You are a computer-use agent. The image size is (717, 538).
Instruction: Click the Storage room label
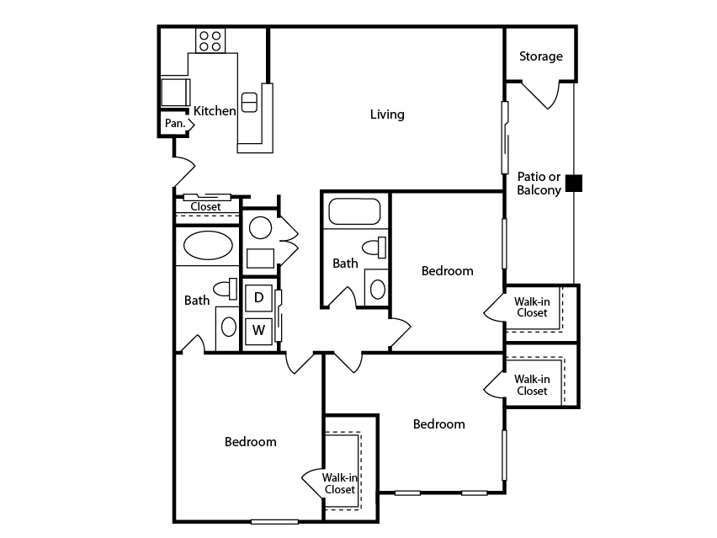coord(541,56)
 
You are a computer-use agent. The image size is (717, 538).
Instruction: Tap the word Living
coord(387,115)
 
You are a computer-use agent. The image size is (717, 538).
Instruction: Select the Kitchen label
coord(215,110)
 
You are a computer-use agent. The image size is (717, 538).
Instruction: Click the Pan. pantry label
coord(175,123)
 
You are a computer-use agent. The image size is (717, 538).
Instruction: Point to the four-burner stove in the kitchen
coord(210,40)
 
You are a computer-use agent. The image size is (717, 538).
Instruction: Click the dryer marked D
coord(259,298)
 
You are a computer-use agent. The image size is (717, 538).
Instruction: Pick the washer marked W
coord(259,330)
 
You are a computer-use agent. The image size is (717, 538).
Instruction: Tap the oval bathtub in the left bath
coord(208,246)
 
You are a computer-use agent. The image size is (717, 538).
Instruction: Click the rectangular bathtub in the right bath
coord(354,211)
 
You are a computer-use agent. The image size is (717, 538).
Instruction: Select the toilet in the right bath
coord(374,248)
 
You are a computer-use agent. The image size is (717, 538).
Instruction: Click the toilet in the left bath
coord(226,289)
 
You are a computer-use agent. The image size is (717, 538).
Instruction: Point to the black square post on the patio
coord(574,184)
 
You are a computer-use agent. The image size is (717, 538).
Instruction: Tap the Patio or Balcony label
coord(539,184)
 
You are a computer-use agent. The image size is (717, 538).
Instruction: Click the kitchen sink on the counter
coord(249,103)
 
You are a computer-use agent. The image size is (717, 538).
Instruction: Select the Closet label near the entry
coord(206,207)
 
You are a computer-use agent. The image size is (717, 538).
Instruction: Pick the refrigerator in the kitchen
coord(175,93)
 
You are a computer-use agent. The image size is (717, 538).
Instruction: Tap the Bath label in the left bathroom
coord(197,301)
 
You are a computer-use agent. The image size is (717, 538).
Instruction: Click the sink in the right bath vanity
coord(378,289)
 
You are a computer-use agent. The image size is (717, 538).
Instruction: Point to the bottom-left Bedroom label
coord(251,442)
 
